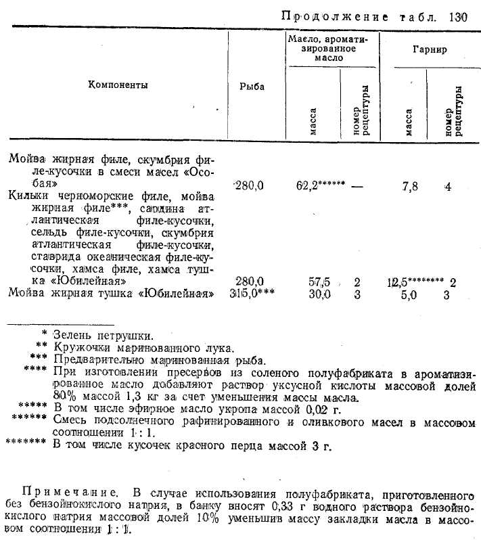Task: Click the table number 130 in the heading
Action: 457,18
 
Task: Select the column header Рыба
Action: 252,87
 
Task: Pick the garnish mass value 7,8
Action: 410,187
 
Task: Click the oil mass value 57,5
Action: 319,281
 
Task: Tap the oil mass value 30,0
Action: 319,294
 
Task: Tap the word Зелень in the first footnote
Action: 71,334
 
